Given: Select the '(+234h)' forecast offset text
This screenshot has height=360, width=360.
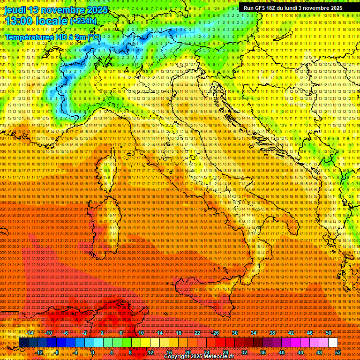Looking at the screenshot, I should tap(83, 21).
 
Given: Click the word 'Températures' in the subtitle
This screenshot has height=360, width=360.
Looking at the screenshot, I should tap(29, 37).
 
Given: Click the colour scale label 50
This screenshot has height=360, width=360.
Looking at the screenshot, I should tap(329, 333).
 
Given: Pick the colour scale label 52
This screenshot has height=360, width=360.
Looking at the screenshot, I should tap(338, 352).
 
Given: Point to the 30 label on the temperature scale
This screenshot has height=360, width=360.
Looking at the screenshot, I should tap(235, 333).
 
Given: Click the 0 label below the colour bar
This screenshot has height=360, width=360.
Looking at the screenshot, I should tap(93, 352).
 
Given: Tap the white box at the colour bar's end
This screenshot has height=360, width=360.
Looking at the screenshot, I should tap(333, 342).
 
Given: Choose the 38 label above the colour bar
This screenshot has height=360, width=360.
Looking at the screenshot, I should tap(272, 333).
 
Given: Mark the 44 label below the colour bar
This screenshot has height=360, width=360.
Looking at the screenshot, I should tap(300, 352).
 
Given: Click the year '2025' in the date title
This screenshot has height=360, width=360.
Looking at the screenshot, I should tap(97, 10).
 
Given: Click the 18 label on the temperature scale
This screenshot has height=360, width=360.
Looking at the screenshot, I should tap(178, 333).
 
